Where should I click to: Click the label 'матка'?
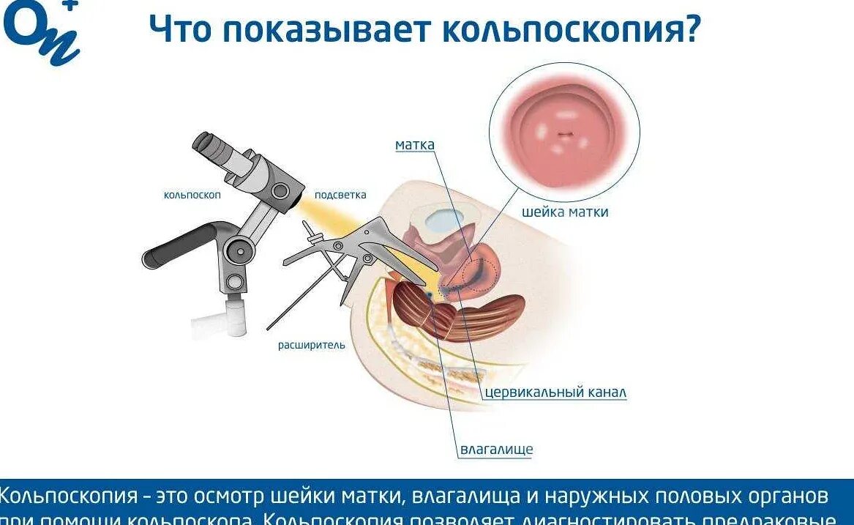(415, 145)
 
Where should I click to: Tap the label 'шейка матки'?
(565, 212)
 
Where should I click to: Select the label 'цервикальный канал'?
(555, 392)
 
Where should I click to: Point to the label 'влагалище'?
(496, 449)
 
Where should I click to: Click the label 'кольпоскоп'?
(192, 195)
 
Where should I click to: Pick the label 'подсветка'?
(340, 195)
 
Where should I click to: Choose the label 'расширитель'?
(311, 345)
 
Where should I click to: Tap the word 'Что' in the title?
(179, 30)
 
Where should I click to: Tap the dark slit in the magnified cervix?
(564, 134)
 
